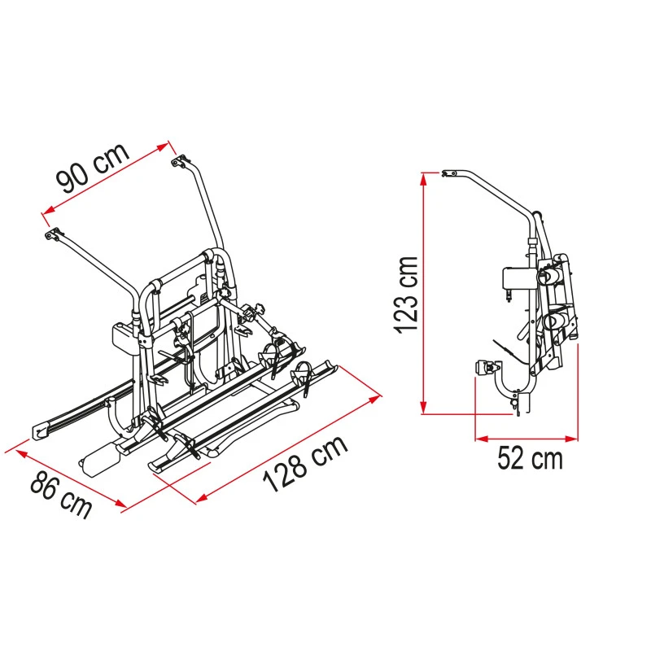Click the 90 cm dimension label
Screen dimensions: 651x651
point(93,168)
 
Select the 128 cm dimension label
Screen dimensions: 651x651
point(304,463)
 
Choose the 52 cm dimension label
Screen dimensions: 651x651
point(530,458)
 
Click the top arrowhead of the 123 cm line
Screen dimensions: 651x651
point(423,178)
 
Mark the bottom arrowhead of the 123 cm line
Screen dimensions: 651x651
point(423,408)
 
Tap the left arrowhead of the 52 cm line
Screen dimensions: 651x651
point(482,439)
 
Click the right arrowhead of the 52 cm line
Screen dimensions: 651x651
point(572,439)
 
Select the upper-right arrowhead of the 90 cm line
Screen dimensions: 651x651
point(164,147)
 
